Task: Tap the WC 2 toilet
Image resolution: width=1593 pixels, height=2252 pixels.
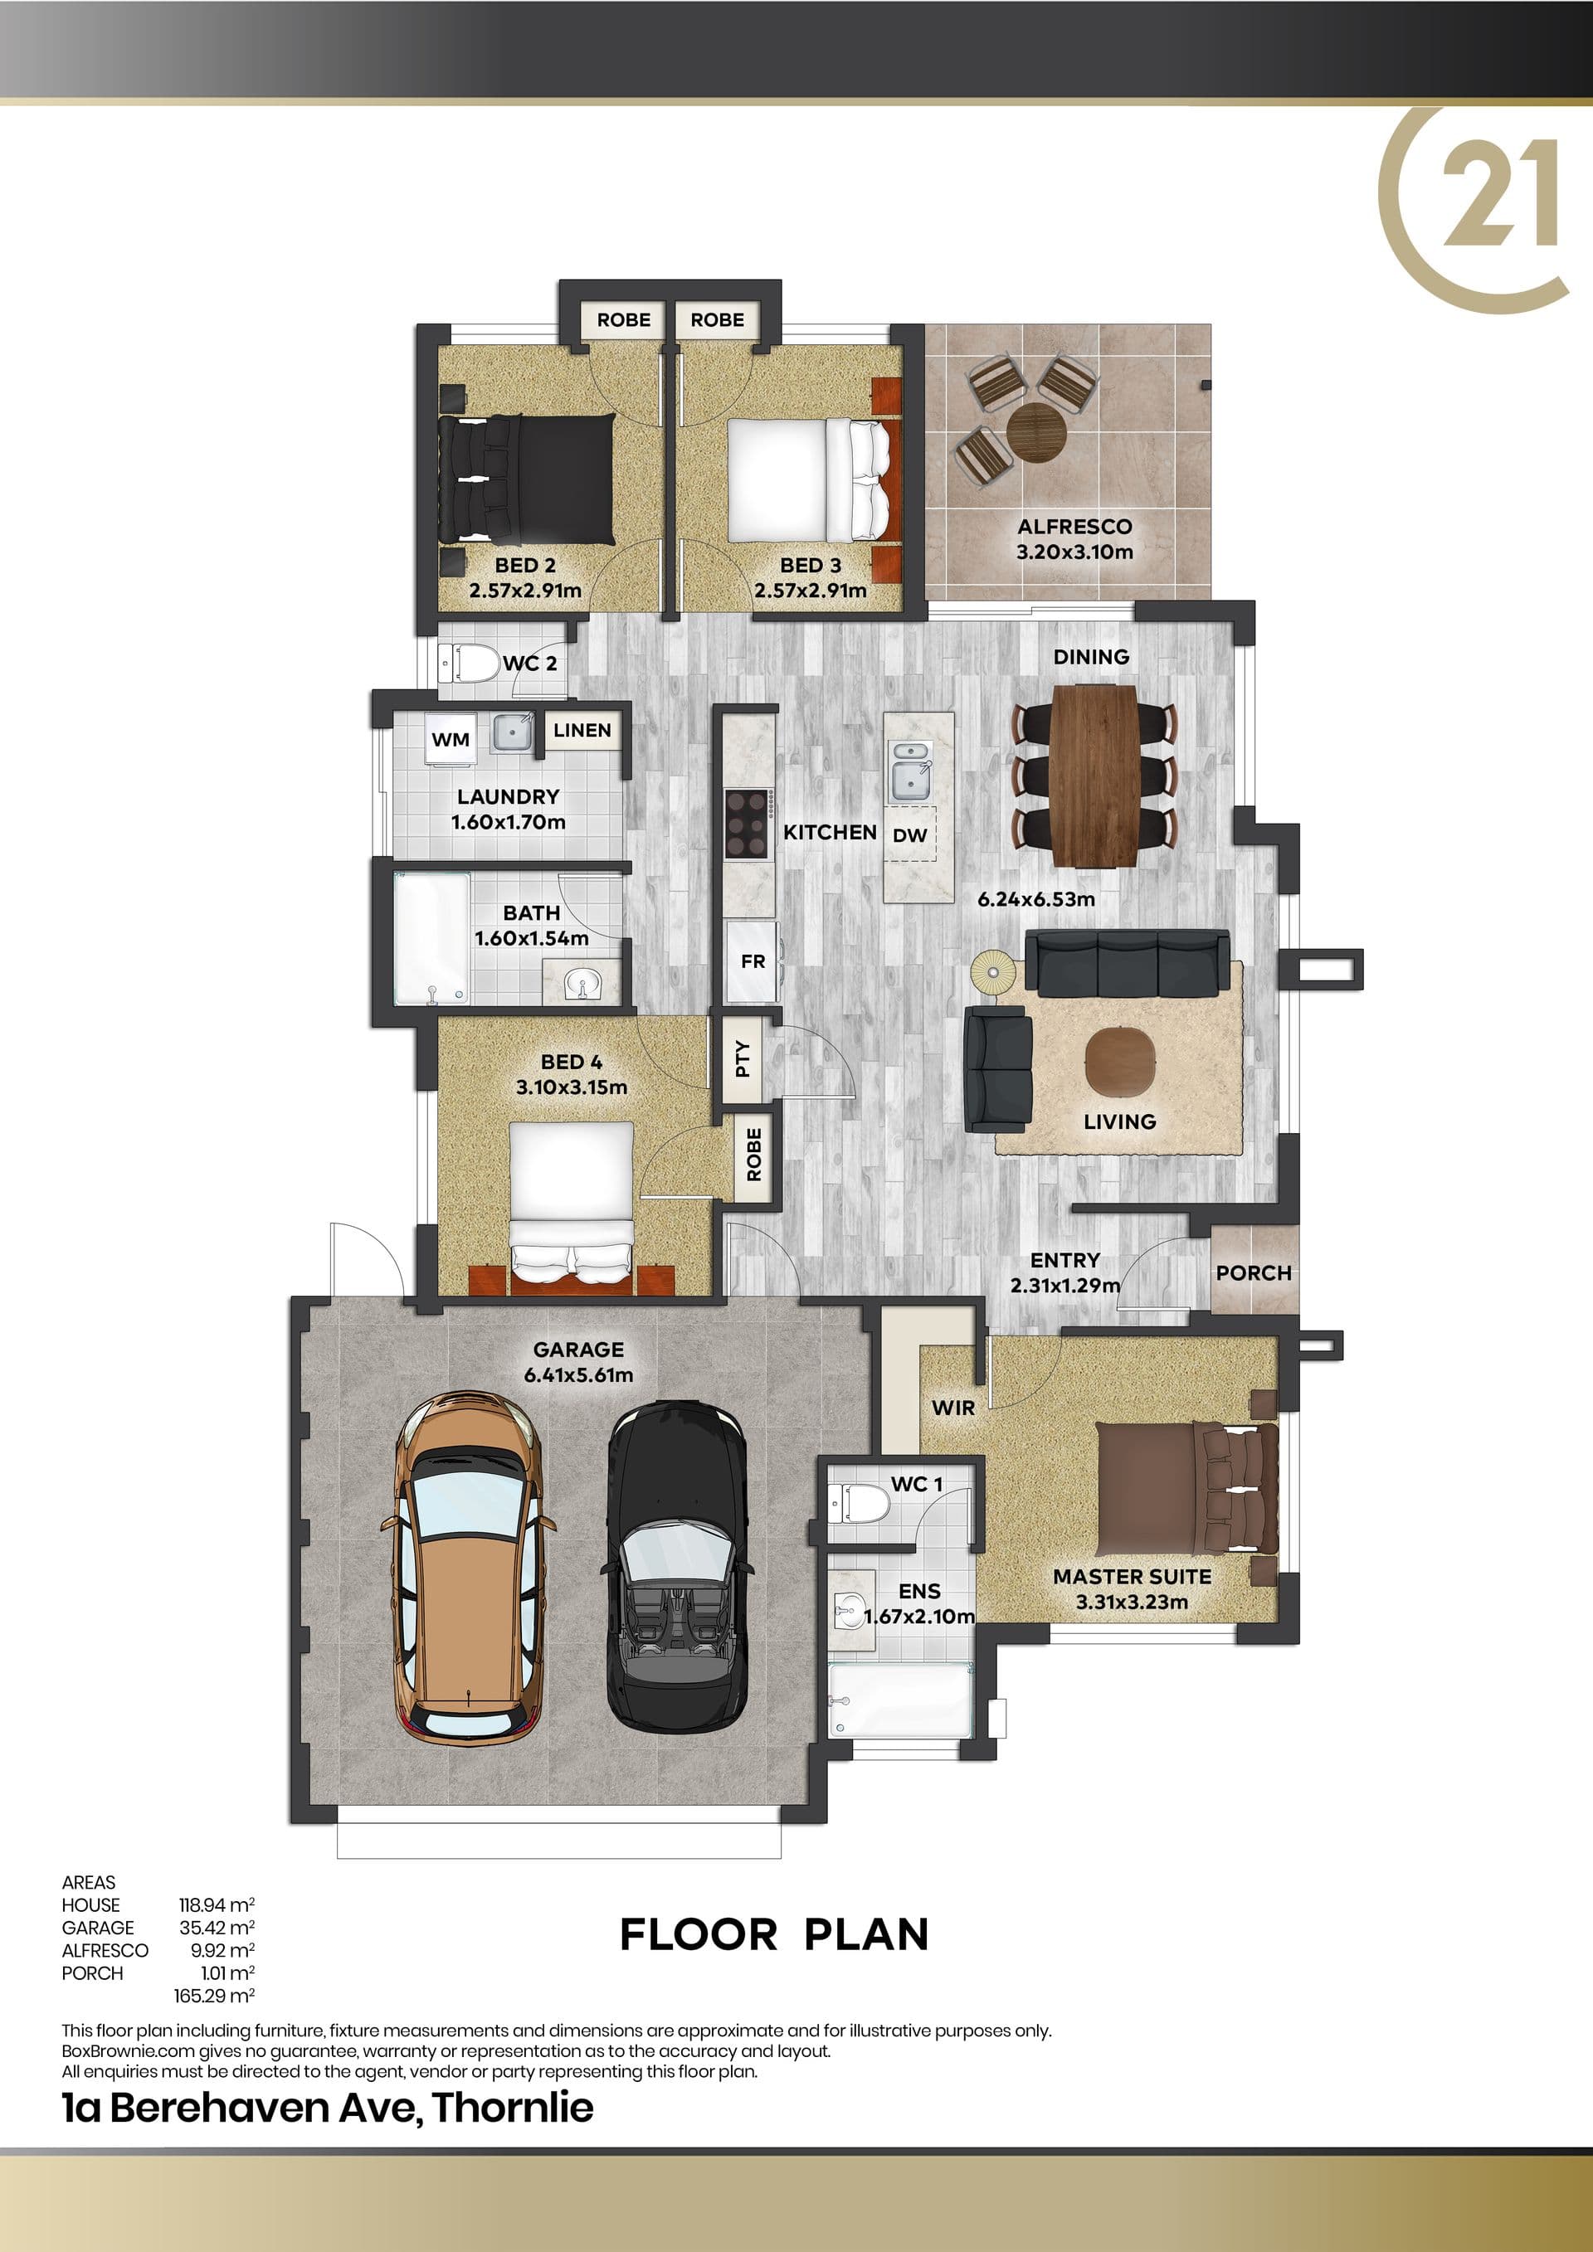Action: [x=468, y=663]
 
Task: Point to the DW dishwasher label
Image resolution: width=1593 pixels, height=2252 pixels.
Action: [x=910, y=835]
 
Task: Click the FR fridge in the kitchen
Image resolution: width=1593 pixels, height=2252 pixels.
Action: [x=753, y=962]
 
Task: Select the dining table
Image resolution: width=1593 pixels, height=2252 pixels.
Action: [x=1094, y=776]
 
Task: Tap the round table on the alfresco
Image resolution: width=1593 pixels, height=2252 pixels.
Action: [x=1035, y=431]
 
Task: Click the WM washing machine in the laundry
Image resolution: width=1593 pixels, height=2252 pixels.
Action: [x=451, y=740]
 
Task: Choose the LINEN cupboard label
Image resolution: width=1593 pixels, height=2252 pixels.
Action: [x=582, y=730]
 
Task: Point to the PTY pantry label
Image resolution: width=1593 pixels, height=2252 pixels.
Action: [x=743, y=1058]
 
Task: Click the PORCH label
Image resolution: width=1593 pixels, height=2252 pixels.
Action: [x=1254, y=1273]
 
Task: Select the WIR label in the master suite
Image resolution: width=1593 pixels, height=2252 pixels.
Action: [x=953, y=1408]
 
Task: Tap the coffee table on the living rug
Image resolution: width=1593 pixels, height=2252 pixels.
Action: [x=1120, y=1060]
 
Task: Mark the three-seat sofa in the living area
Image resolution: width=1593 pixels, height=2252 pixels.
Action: [x=1127, y=962]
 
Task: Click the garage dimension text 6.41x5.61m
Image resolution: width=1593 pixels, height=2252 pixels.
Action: [x=579, y=1375]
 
